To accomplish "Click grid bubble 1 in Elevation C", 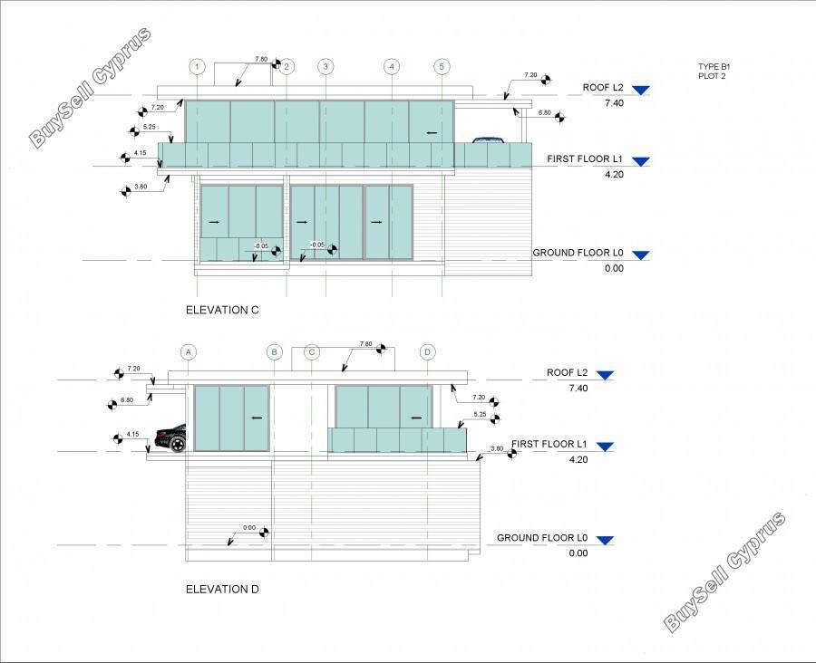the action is pos(198,66).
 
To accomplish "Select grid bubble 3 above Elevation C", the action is pos(325,66).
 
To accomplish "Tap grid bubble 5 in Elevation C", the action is pos(442,66).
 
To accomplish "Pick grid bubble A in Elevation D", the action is pos(189,352).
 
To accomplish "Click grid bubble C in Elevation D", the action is pos(312,352).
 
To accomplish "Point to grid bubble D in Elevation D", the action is pos(427,352).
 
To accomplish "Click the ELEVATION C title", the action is pos(222,310).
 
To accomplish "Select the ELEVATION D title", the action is pos(222,589).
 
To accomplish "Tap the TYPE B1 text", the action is pos(714,66).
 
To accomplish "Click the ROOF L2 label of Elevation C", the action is pos(603,87).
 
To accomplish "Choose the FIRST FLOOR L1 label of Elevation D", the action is pos(549,444).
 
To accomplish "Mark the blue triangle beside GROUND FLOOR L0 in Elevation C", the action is pos(641,255).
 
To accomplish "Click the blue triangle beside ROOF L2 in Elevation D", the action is pos(605,375).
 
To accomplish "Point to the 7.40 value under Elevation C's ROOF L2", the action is pos(614,103).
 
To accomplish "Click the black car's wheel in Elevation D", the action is pos(178,444).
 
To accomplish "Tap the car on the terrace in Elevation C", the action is pos(490,139).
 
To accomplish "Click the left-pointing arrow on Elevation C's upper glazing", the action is pos(432,134).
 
